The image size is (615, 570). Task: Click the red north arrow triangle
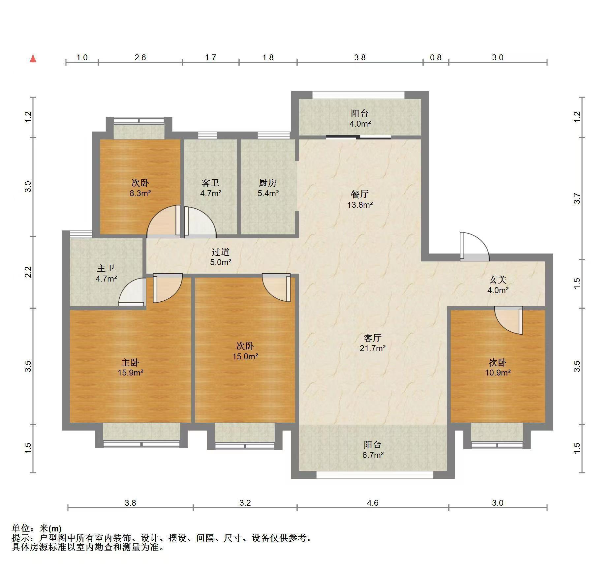coord(33,59)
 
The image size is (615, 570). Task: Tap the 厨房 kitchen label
coord(267,183)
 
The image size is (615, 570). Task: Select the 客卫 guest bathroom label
coord(210,183)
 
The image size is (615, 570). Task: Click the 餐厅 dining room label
coord(360,194)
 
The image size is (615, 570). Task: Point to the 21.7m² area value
coord(373,348)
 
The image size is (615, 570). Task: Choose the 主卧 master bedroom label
coord(130,362)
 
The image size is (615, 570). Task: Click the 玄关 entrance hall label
coord(498,280)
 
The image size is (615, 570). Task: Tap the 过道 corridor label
coord(221,252)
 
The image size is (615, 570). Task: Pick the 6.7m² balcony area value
coord(373,455)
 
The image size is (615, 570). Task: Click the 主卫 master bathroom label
coord(106,268)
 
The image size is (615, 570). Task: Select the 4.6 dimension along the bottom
coord(373,503)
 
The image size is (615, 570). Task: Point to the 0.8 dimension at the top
coord(436,58)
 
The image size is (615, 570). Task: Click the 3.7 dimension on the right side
coord(577,198)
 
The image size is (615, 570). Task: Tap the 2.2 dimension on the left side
coord(28,272)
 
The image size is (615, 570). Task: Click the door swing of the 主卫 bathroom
coord(132,292)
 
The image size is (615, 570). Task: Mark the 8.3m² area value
coord(140,193)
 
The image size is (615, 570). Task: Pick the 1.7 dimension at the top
coord(210,58)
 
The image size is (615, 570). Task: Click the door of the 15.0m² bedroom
coord(276,287)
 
